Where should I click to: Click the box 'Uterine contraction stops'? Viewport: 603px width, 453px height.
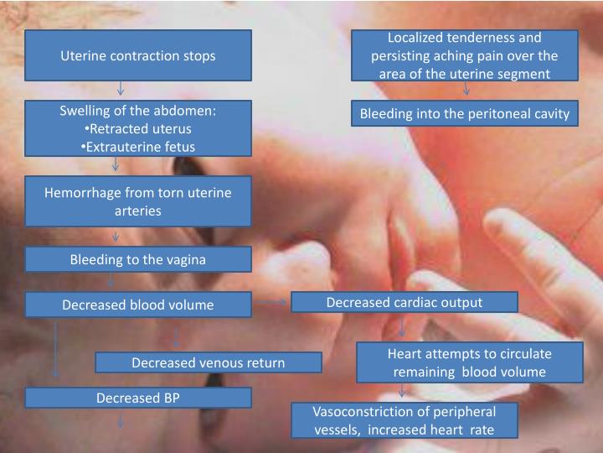coord(138,56)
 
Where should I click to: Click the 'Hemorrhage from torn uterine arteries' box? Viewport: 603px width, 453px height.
coord(138,201)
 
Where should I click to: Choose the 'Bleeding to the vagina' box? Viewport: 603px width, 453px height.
coord(138,259)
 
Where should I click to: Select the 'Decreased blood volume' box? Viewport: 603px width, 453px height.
coord(138,305)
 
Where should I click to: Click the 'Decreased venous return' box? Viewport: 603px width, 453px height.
coord(208,362)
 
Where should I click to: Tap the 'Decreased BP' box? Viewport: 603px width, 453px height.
coord(138,397)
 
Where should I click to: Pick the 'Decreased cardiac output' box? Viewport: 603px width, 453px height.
coord(405,302)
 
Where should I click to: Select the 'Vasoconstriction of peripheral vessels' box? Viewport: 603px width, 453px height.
coord(405,420)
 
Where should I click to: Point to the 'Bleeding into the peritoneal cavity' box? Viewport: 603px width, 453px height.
coord(464,113)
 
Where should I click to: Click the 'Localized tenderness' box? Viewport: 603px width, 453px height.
coord(464,55)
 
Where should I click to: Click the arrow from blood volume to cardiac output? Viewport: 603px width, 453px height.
coord(271,300)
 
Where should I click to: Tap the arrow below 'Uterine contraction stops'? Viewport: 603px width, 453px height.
coord(121,86)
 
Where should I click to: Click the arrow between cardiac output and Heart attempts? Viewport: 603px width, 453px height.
coord(403,325)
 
